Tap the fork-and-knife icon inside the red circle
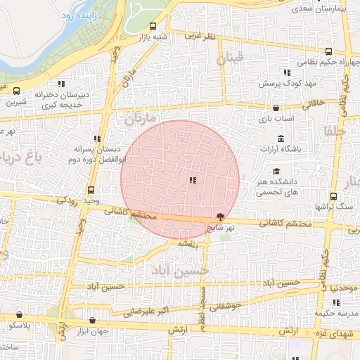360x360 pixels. (193, 181)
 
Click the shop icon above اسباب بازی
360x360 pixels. (276, 109)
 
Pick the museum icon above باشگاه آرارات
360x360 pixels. (281, 137)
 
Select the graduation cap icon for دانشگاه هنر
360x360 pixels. (276, 171)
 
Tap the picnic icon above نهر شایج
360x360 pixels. (221, 217)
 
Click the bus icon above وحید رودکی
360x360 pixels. (91, 190)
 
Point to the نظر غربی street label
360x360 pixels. (202, 34)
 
